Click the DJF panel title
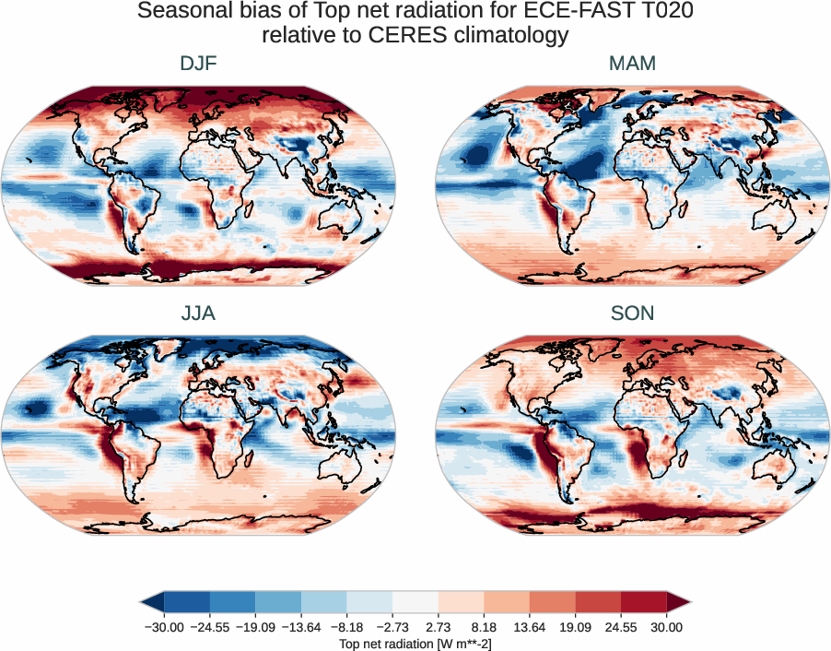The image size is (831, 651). (x=199, y=65)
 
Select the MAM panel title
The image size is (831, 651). (x=632, y=65)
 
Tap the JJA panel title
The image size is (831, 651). (x=199, y=314)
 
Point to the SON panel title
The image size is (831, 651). (x=632, y=314)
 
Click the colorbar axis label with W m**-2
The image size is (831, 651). (x=415, y=643)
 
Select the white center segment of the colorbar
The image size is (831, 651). (x=415, y=603)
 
